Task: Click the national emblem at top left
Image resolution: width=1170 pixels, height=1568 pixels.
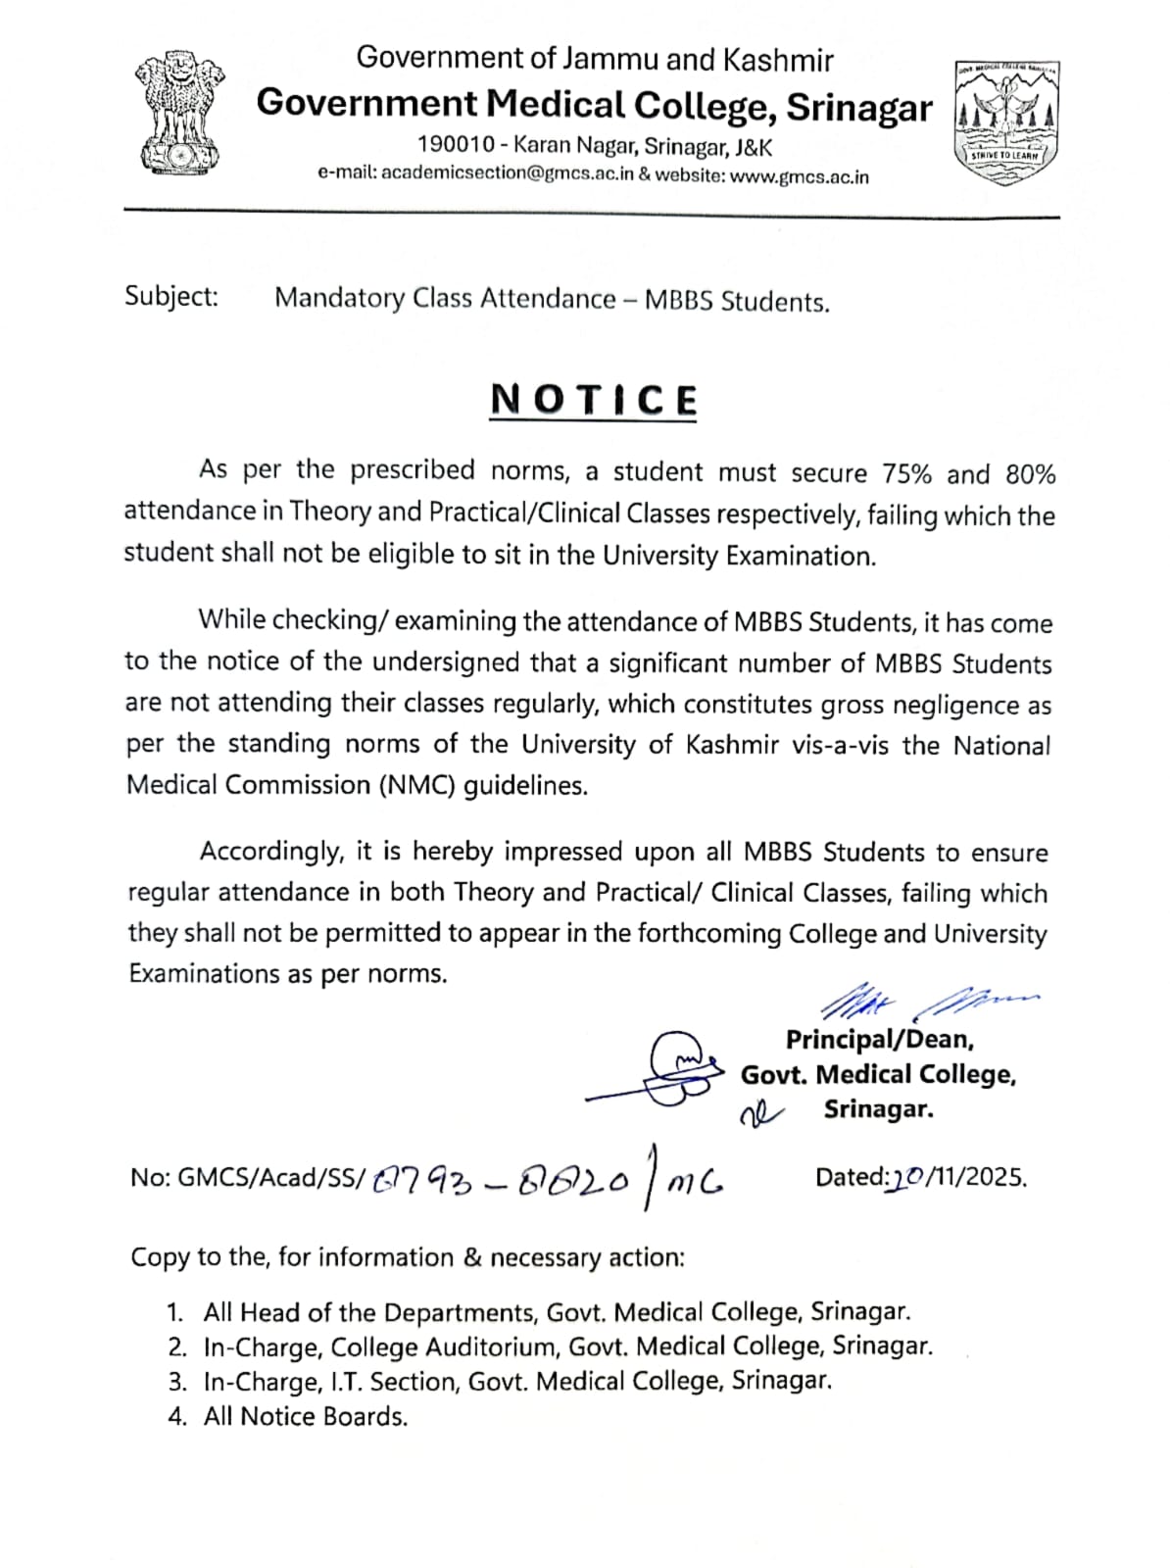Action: (178, 114)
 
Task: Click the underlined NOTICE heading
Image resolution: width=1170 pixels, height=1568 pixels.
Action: (594, 400)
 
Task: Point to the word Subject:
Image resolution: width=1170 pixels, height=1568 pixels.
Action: (171, 296)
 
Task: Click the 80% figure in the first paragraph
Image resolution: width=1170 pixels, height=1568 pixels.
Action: (1030, 474)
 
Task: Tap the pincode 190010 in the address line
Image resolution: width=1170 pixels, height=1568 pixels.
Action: (456, 146)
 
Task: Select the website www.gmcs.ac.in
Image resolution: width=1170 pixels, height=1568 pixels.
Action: (800, 177)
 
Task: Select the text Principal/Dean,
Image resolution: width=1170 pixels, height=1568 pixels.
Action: (879, 1039)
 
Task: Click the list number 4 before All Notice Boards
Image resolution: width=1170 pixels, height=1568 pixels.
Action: (175, 1417)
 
